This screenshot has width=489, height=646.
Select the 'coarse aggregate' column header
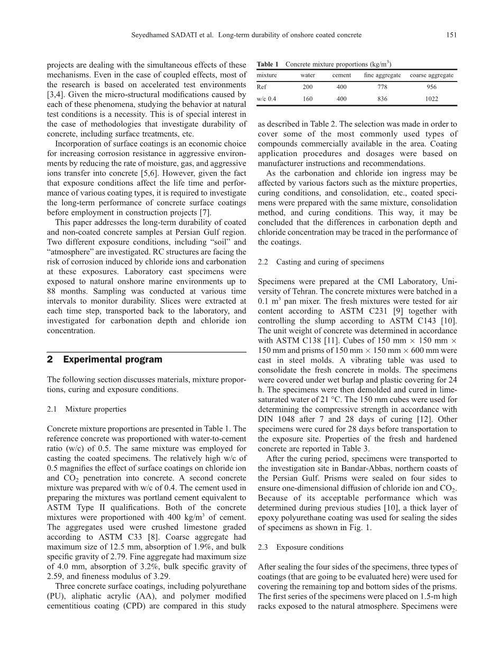point(431,76)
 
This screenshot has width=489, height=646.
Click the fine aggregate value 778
point(382,87)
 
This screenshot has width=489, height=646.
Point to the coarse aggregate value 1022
point(431,99)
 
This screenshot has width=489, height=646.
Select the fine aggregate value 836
point(382,99)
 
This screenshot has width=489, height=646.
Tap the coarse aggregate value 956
point(431,87)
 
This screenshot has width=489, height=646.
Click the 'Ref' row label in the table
point(262,87)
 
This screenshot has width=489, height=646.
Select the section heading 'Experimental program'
point(113,360)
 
